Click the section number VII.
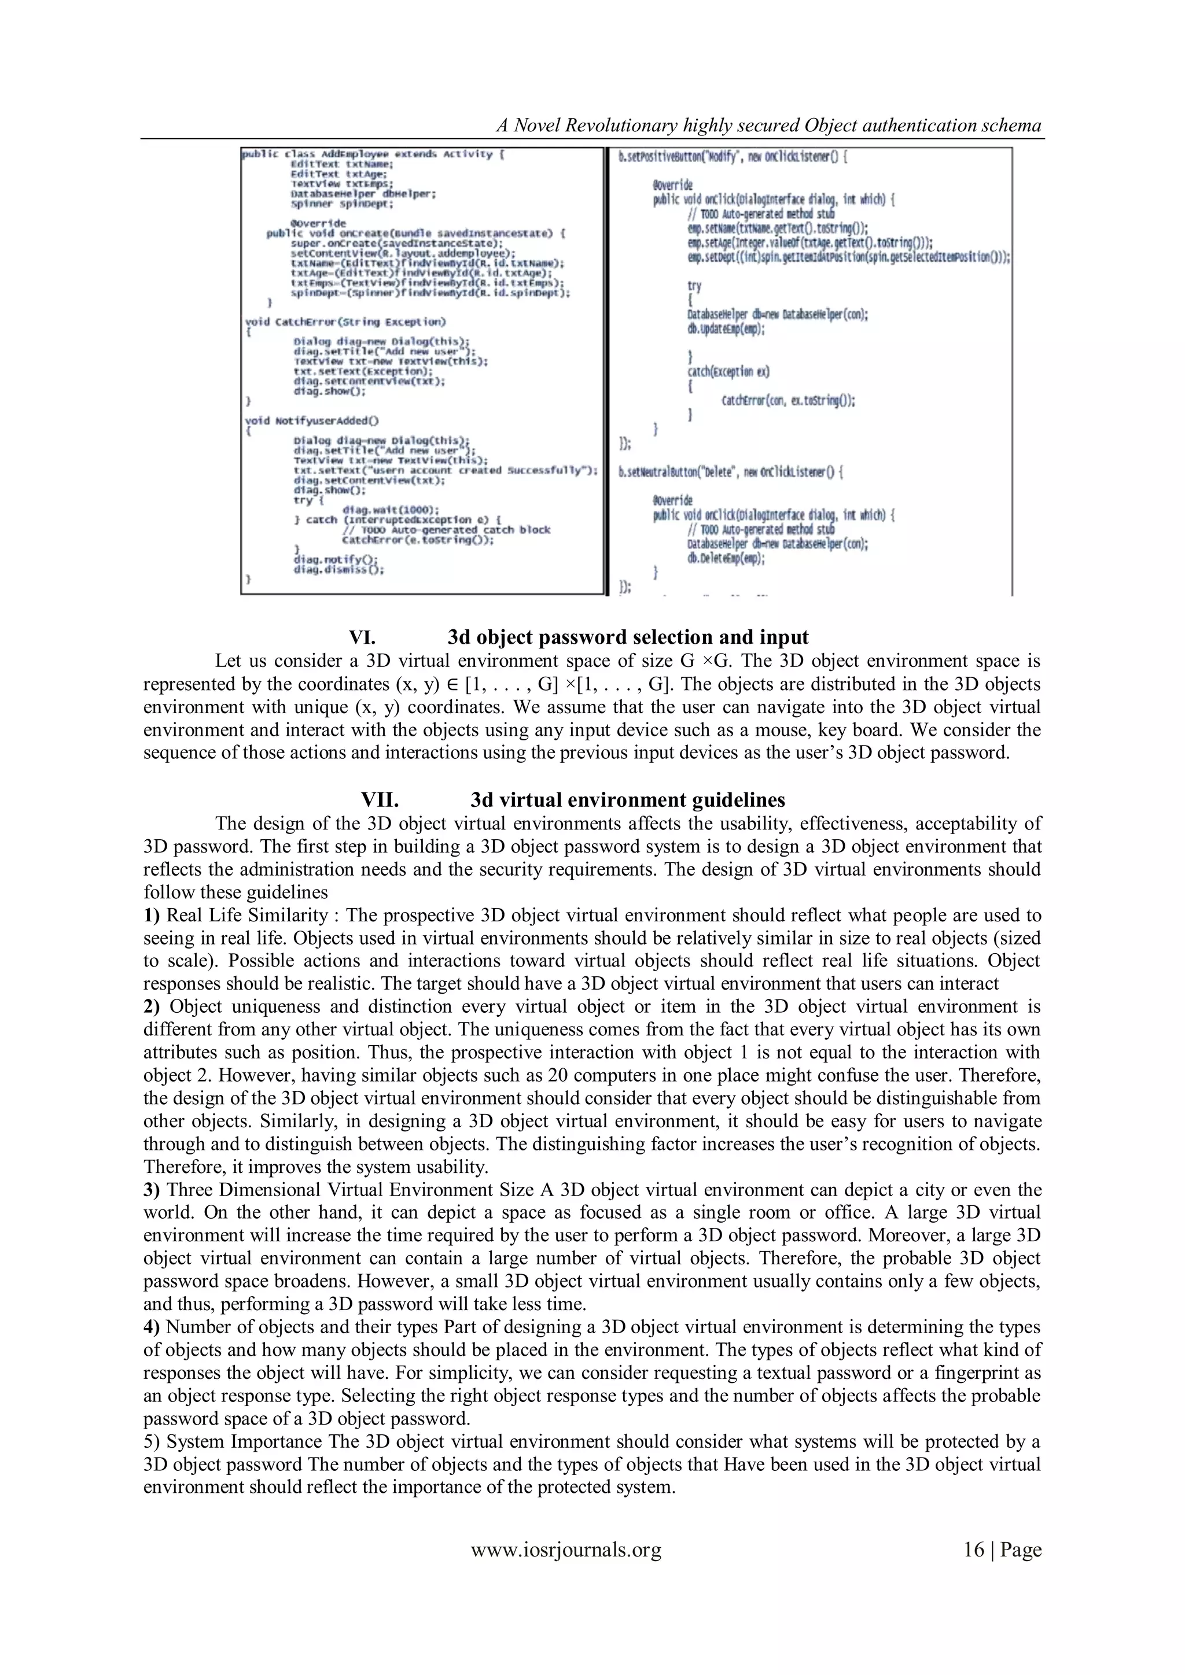pyautogui.click(x=380, y=800)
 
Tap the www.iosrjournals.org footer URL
pyautogui.click(x=566, y=1549)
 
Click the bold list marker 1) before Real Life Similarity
pyautogui.click(x=152, y=916)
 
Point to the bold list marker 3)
pyautogui.click(x=152, y=1190)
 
